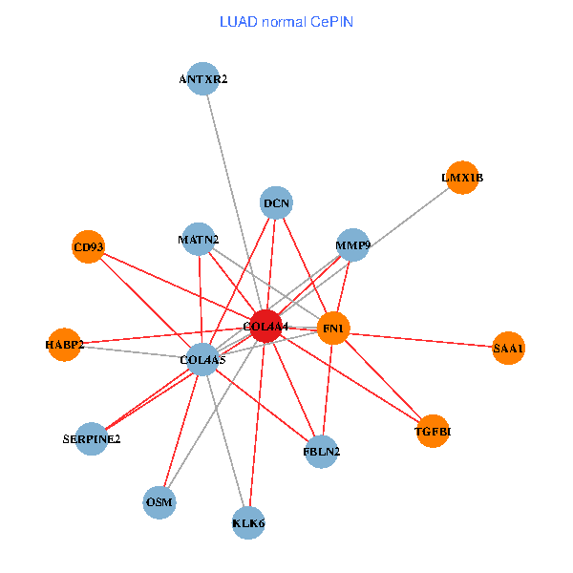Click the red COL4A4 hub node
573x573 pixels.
tap(266, 327)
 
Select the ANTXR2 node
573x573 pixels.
tap(202, 78)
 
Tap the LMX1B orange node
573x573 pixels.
tap(462, 178)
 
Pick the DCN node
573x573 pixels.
tap(276, 202)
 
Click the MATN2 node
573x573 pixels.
tap(199, 240)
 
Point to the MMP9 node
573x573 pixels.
tap(353, 244)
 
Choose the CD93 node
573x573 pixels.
tap(89, 246)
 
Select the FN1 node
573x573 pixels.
tap(333, 329)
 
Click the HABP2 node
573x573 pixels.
tap(64, 345)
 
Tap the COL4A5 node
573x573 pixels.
tap(202, 360)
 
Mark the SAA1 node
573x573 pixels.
tap(508, 348)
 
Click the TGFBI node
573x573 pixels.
tap(433, 432)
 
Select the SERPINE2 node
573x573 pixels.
tap(92, 439)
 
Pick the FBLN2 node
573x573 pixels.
tap(322, 452)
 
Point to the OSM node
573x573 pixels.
tap(159, 502)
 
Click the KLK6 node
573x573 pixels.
tap(248, 523)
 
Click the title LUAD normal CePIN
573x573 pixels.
tap(286, 22)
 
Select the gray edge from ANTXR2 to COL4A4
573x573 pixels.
tap(234, 202)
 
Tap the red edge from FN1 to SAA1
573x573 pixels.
tap(421, 340)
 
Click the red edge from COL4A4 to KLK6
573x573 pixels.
tap(257, 425)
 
